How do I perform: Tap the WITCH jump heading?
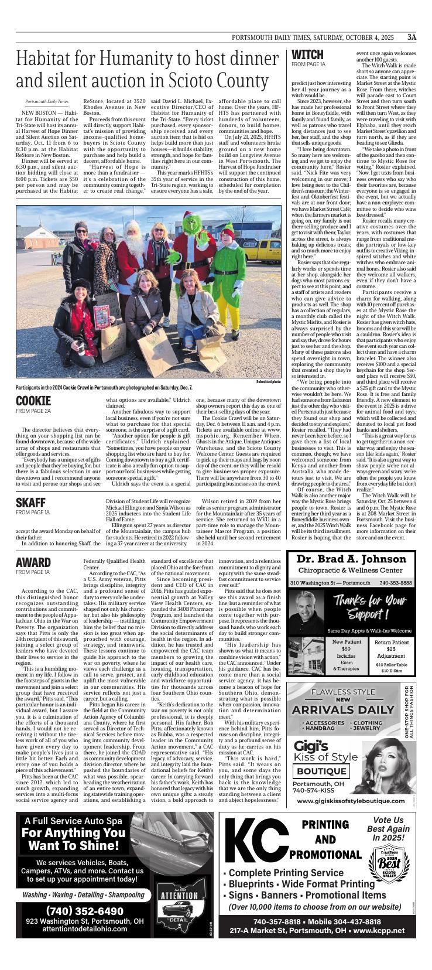pyautogui.click(x=307, y=56)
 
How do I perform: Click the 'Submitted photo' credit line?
pyautogui.click(x=269, y=381)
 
